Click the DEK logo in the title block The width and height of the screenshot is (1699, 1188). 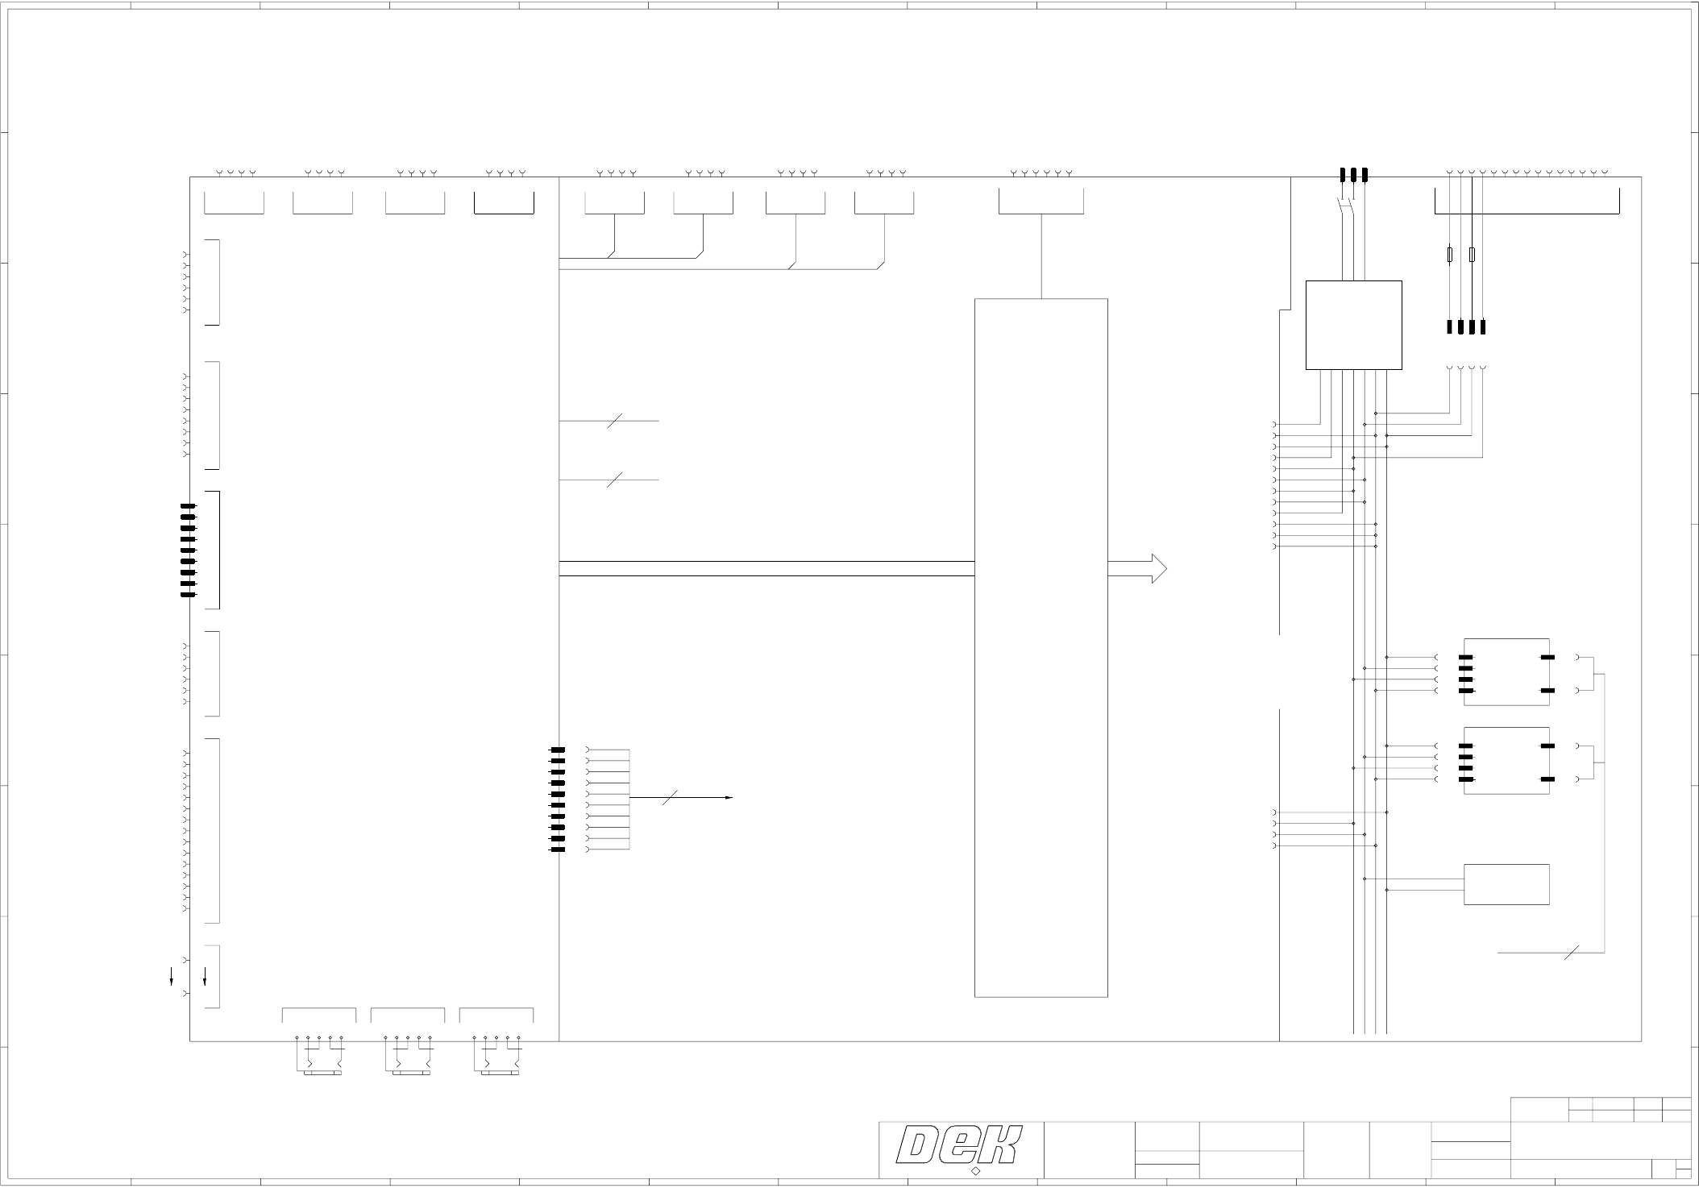tap(961, 1146)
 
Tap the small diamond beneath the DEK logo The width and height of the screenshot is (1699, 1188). tap(975, 1171)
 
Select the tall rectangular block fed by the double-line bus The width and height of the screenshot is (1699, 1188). tap(1041, 647)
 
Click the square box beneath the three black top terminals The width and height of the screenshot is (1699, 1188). tap(1353, 325)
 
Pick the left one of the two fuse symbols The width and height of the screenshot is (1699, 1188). tap(1450, 255)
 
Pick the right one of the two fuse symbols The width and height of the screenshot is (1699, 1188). tap(1472, 255)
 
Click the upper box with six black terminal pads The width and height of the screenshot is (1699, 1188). tap(1506, 671)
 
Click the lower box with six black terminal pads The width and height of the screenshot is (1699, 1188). tap(1506, 760)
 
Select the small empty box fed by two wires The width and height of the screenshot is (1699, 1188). tap(1506, 884)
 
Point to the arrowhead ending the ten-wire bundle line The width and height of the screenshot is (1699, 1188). tap(729, 798)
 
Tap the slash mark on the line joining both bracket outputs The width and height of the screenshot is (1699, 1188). tap(1569, 953)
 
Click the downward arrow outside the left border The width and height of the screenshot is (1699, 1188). tap(171, 978)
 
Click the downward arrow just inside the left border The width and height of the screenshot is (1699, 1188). tap(205, 977)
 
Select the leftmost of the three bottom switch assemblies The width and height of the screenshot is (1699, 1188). tap(319, 1055)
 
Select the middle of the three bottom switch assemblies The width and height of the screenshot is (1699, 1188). tap(408, 1055)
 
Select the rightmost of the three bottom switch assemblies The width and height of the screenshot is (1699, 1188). tap(496, 1055)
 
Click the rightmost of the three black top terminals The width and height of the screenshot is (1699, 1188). tap(1365, 174)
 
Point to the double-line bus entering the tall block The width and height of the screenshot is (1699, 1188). tap(766, 569)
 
